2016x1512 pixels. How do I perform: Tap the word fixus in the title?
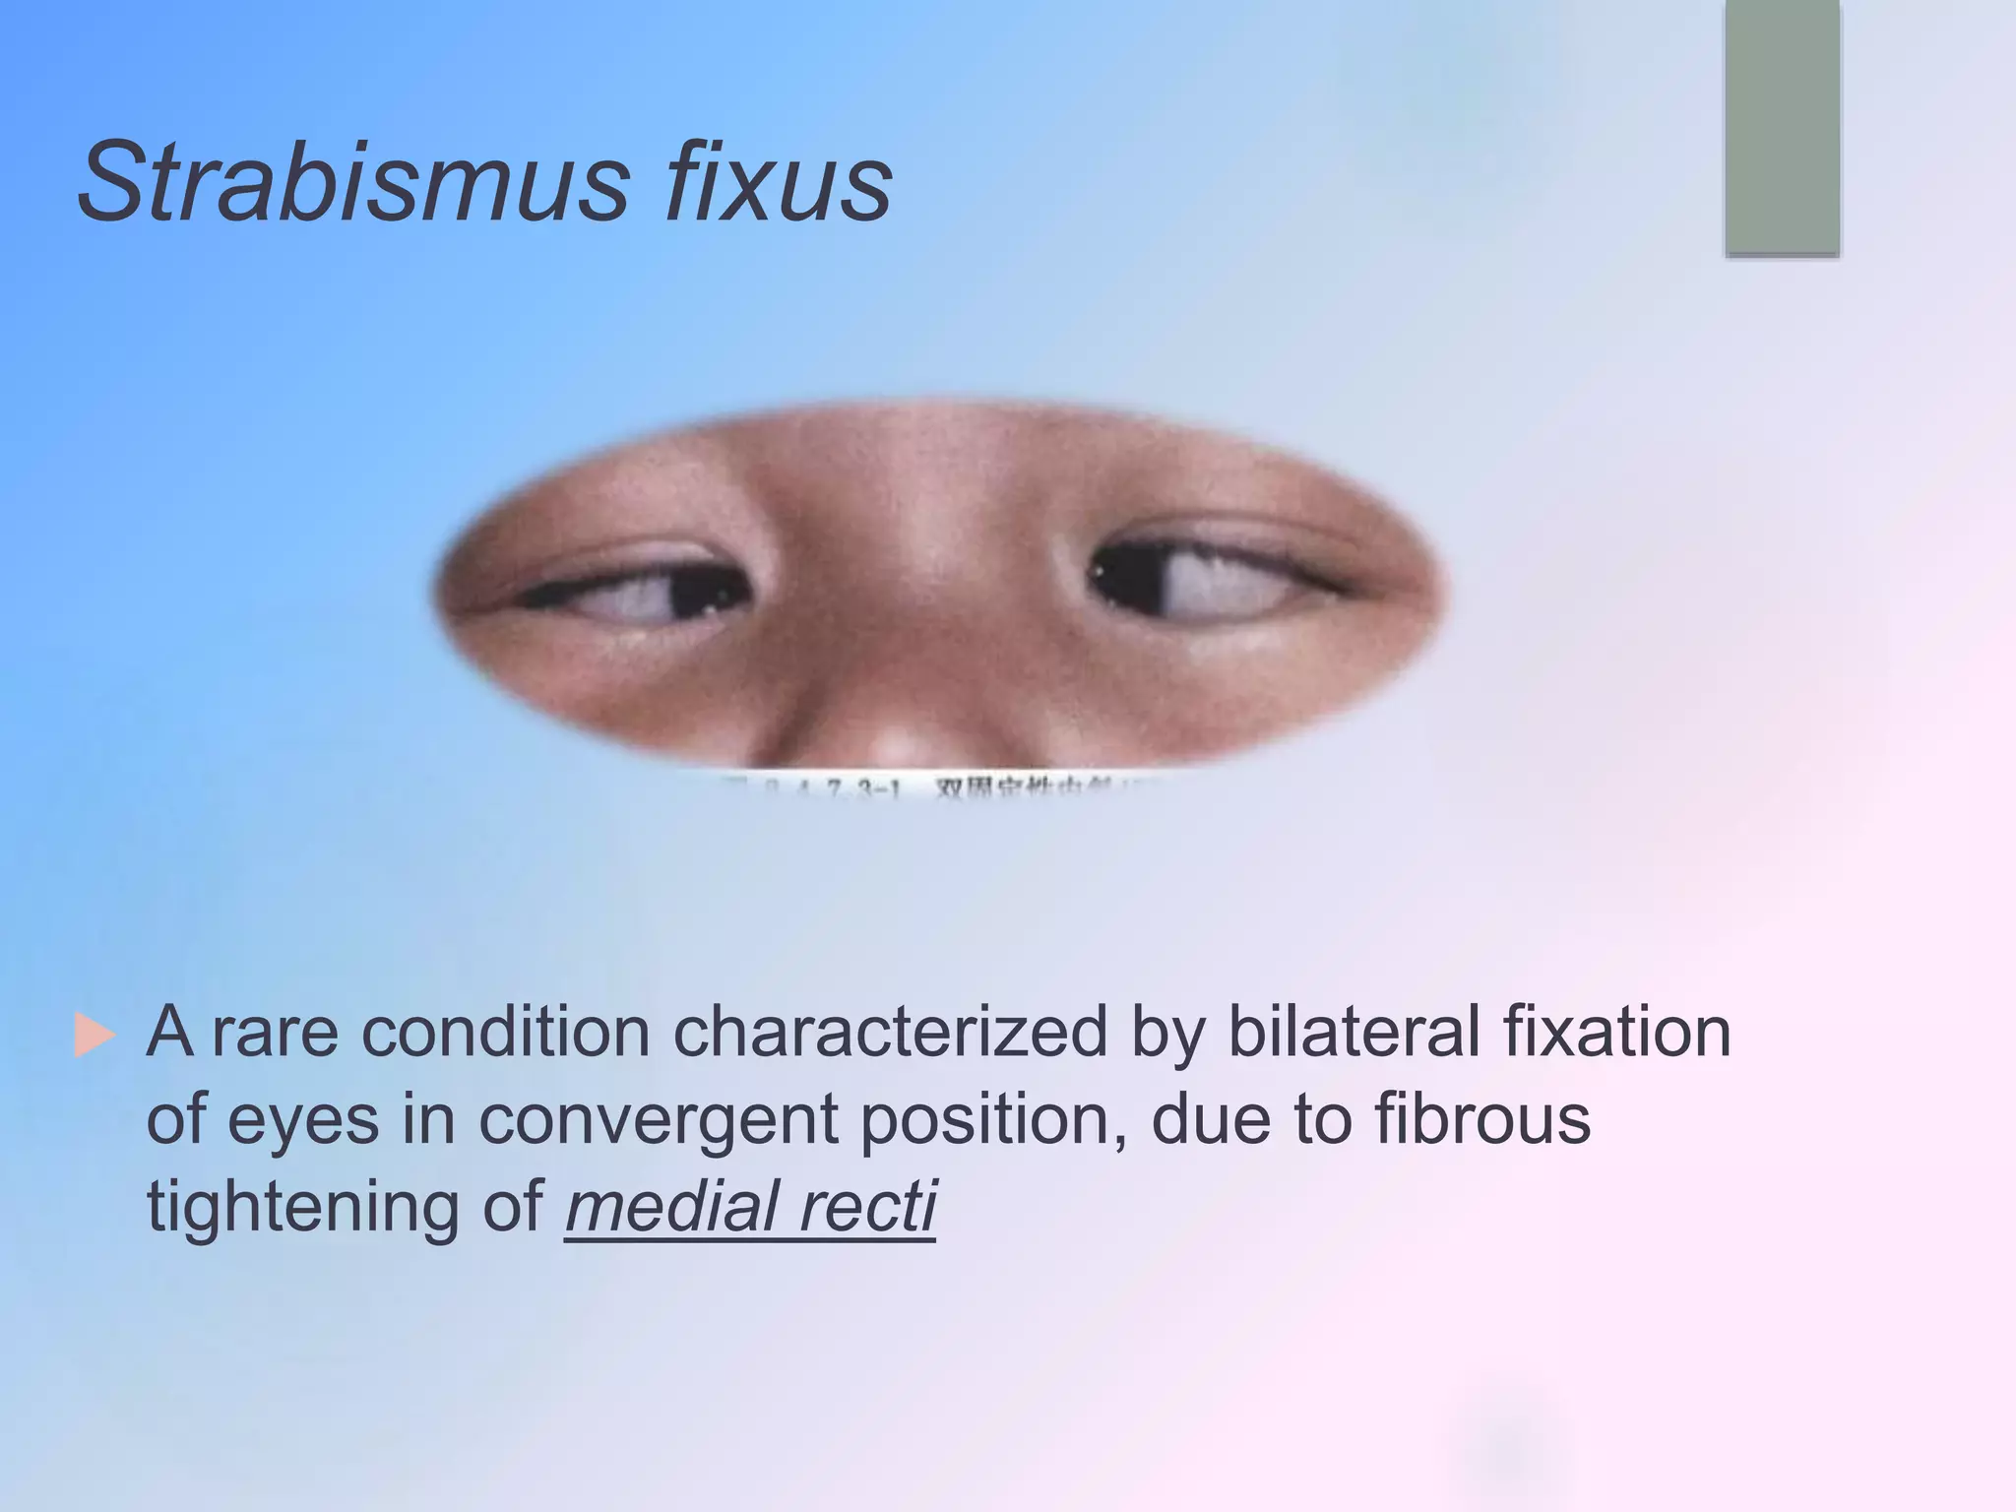point(778,183)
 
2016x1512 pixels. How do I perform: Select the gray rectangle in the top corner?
point(1782,128)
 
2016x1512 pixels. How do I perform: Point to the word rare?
point(275,1034)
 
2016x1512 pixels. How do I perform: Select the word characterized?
point(890,1034)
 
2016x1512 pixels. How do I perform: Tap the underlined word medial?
point(669,1207)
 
